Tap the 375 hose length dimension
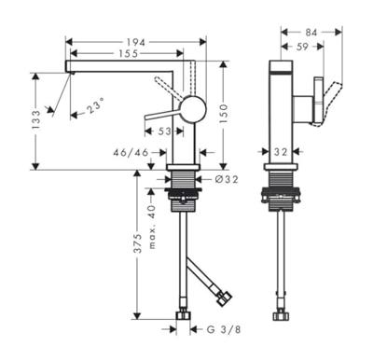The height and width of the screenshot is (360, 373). click(137, 245)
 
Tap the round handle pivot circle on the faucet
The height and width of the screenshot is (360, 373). click(191, 108)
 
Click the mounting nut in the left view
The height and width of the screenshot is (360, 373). click(183, 195)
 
